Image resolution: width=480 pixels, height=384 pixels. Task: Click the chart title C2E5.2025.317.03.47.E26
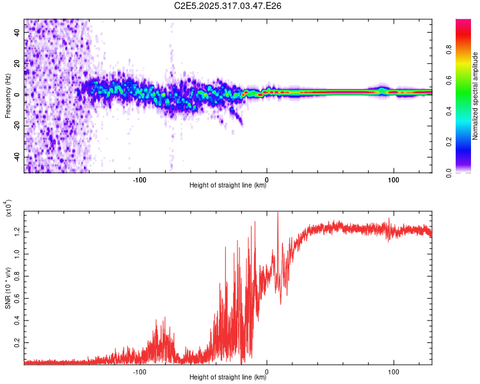[228, 6]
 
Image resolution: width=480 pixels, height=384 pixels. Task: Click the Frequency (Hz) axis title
[8, 96]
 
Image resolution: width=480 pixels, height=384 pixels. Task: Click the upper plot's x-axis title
[228, 186]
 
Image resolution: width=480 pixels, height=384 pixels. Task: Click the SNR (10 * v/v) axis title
[8, 288]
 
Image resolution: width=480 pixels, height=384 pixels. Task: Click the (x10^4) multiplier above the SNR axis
[10, 208]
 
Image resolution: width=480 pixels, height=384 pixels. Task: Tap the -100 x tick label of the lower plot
[140, 371]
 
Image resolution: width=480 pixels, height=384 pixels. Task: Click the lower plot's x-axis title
[228, 378]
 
